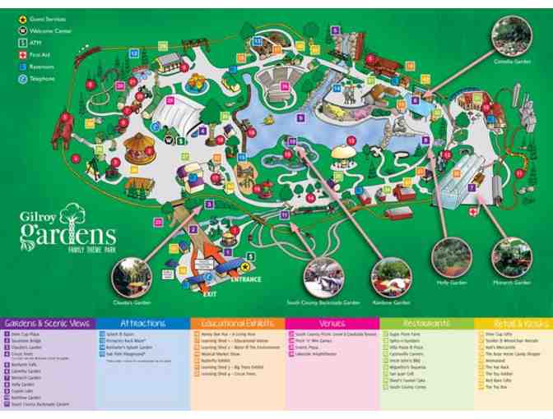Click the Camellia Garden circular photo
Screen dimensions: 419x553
(512, 36)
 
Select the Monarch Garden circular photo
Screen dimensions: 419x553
(511, 256)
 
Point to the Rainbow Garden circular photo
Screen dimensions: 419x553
(390, 277)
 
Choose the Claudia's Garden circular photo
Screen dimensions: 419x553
(132, 277)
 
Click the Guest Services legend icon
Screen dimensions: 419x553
(22, 19)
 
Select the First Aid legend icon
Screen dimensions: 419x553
(22, 55)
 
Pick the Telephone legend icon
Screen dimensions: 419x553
(22, 79)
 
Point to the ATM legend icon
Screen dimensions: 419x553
(22, 43)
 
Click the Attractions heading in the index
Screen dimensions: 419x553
(143, 324)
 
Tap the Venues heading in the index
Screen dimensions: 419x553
(333, 324)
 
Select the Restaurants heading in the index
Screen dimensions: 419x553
(426, 324)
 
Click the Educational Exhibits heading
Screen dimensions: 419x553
(238, 324)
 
